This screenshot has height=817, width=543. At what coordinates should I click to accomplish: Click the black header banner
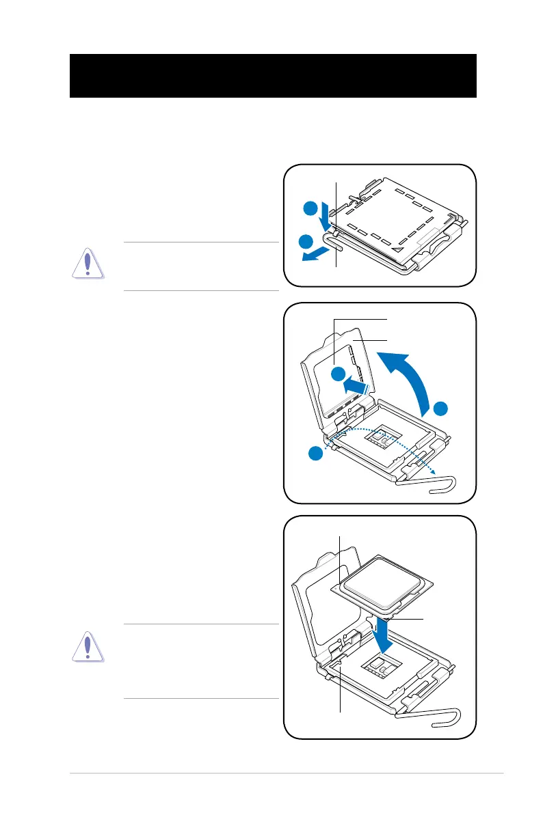coord(273,76)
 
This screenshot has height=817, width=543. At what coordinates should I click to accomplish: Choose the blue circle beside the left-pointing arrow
coord(307,240)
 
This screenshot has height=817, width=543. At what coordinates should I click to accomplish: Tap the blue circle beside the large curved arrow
coord(441,408)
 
